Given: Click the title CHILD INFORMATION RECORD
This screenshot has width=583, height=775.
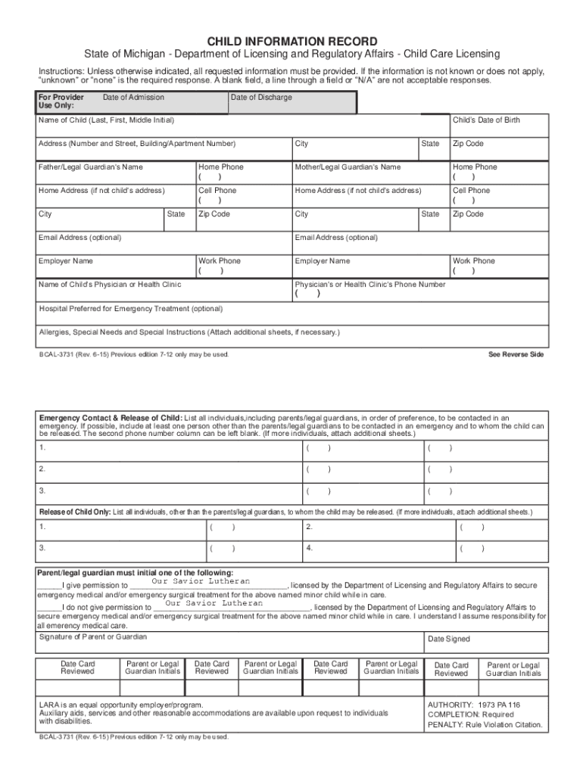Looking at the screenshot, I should coord(291,41).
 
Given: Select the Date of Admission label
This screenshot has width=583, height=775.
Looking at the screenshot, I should coord(133,98).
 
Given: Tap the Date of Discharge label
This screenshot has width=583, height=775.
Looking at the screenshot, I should coord(261,98).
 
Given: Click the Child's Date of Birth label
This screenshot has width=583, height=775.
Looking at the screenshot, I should coord(486,120).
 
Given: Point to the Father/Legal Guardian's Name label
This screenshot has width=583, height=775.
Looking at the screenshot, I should coord(90,167).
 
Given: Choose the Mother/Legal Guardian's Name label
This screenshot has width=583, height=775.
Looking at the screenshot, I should coord(348,167).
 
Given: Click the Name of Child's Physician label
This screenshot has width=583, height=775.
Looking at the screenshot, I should coord(110,285).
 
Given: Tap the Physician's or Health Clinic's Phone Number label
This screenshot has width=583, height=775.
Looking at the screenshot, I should coord(370,285).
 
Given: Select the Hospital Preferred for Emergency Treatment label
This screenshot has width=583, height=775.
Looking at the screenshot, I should coord(130,309).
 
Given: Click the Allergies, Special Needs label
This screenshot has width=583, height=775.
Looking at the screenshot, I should coord(189,332).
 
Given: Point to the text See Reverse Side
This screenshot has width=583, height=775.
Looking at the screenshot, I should coord(516,354).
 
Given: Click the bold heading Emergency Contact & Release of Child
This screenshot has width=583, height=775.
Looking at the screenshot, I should coord(111,418).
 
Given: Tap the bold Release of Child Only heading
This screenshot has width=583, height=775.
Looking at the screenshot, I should coord(74,512).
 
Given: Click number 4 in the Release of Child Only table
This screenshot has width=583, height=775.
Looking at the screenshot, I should coord(309,546).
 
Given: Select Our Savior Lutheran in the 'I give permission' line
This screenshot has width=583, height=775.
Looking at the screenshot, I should coord(201,581).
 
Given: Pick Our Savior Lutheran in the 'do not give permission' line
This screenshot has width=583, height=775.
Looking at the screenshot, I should coord(214,603).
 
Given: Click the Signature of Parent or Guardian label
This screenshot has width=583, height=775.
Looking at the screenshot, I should coord(93,637).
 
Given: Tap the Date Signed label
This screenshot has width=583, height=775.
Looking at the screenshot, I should coord(449,640).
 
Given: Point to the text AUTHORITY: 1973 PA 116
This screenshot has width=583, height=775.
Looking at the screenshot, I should coord(474,704).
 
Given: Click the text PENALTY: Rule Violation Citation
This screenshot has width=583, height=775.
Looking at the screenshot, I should coord(485,724).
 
